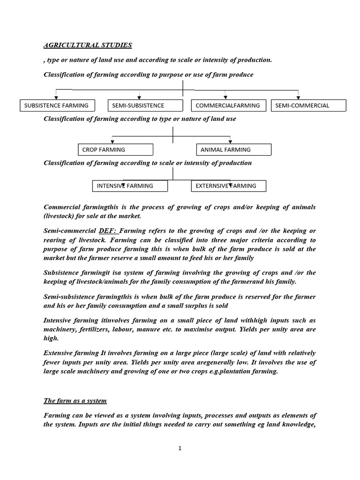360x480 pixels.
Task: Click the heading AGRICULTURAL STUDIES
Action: pos(88,45)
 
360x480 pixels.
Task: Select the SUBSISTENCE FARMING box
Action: pos(57,105)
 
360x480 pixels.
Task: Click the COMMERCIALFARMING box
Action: pos(229,105)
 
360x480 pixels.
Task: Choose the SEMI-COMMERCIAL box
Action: pos(308,105)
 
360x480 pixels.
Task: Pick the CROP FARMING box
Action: pos(115,150)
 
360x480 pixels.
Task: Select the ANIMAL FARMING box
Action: pos(233,150)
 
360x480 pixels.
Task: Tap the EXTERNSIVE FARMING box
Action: pos(229,186)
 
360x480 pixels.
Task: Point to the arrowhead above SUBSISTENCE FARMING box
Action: pos(56,97)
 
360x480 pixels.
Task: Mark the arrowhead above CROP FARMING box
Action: pos(112,141)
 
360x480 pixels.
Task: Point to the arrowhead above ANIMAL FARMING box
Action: pos(230,141)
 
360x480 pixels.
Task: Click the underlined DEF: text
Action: pos(109,231)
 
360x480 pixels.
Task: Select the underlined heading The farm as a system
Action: pos(75,401)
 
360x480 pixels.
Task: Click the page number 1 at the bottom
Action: pos(180,448)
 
